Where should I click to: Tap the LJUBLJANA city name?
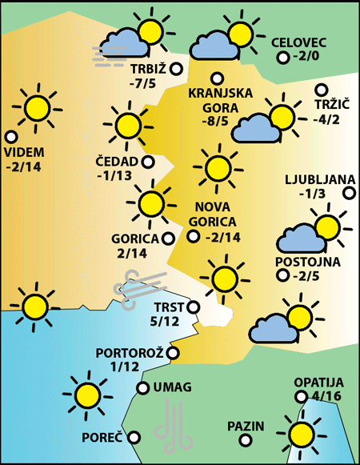[318, 179]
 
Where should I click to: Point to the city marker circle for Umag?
[143, 388]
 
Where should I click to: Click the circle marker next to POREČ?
[134, 437]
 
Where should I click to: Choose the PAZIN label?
[245, 425]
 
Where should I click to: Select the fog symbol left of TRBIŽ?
[110, 54]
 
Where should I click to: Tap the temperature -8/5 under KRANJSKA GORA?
[216, 122]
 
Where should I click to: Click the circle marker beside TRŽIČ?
[322, 90]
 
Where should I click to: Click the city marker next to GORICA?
[168, 238]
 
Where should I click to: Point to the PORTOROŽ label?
[130, 352]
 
